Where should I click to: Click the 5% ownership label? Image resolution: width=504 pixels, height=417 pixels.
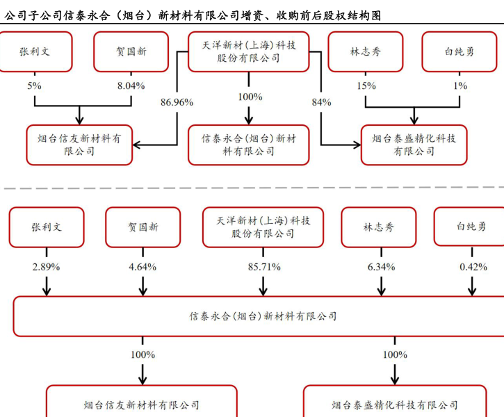[x=34, y=85]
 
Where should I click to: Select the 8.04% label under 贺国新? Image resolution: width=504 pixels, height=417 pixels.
[x=131, y=85]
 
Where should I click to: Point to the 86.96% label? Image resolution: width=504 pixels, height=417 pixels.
[x=177, y=102]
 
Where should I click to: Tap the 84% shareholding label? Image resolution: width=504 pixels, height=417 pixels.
[x=321, y=102]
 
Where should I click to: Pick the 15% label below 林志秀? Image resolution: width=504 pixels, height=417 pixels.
[x=366, y=85]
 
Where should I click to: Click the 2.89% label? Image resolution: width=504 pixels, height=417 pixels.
[x=47, y=266]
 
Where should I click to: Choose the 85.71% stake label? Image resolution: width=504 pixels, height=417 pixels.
[x=263, y=266]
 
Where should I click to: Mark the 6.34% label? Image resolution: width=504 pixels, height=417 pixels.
[x=380, y=266]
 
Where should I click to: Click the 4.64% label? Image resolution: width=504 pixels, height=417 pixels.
[x=143, y=266]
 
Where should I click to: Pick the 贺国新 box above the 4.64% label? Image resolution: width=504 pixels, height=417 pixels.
[x=143, y=227]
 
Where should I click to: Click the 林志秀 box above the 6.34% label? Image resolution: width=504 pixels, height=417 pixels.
[x=379, y=227]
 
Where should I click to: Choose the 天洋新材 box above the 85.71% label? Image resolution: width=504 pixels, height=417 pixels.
[x=263, y=227]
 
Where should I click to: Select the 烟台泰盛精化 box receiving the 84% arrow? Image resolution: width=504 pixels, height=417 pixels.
[x=414, y=145]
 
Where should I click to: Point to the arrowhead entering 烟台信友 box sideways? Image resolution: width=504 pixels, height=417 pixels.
[x=137, y=145]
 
